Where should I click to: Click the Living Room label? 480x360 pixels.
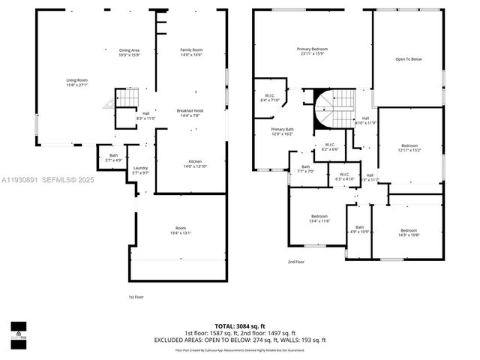point(77,82)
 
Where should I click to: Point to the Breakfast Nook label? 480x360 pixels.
point(190,112)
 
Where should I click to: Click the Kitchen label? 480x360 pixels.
point(195,163)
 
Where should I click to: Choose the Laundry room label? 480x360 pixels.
point(140,170)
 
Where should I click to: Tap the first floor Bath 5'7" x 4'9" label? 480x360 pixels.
point(113,157)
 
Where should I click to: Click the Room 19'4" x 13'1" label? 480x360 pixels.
point(181,230)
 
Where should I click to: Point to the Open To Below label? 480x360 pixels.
point(409,59)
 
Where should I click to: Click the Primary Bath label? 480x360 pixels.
point(282,131)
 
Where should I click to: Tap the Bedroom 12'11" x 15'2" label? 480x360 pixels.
point(409,147)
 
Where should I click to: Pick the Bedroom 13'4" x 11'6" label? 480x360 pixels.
point(318,218)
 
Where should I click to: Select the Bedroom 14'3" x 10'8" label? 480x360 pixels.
point(409,232)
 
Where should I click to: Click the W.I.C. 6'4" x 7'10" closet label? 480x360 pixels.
point(269,98)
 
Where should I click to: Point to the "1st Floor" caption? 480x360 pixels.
point(136,297)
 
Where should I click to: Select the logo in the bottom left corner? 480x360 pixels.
point(18,331)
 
